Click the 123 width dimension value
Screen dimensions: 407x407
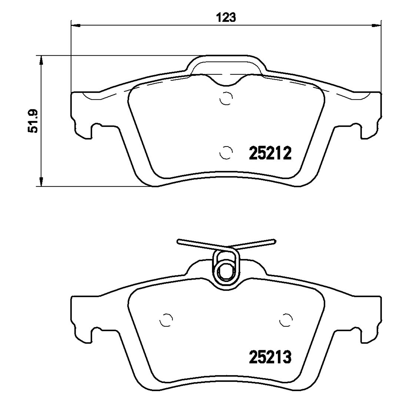226,18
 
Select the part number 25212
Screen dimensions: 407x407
270,153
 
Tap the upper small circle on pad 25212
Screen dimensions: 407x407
226,98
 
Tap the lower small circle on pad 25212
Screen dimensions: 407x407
226,153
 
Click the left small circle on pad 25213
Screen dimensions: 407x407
166,320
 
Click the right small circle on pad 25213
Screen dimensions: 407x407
286,320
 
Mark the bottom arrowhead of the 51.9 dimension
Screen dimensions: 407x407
41,182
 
